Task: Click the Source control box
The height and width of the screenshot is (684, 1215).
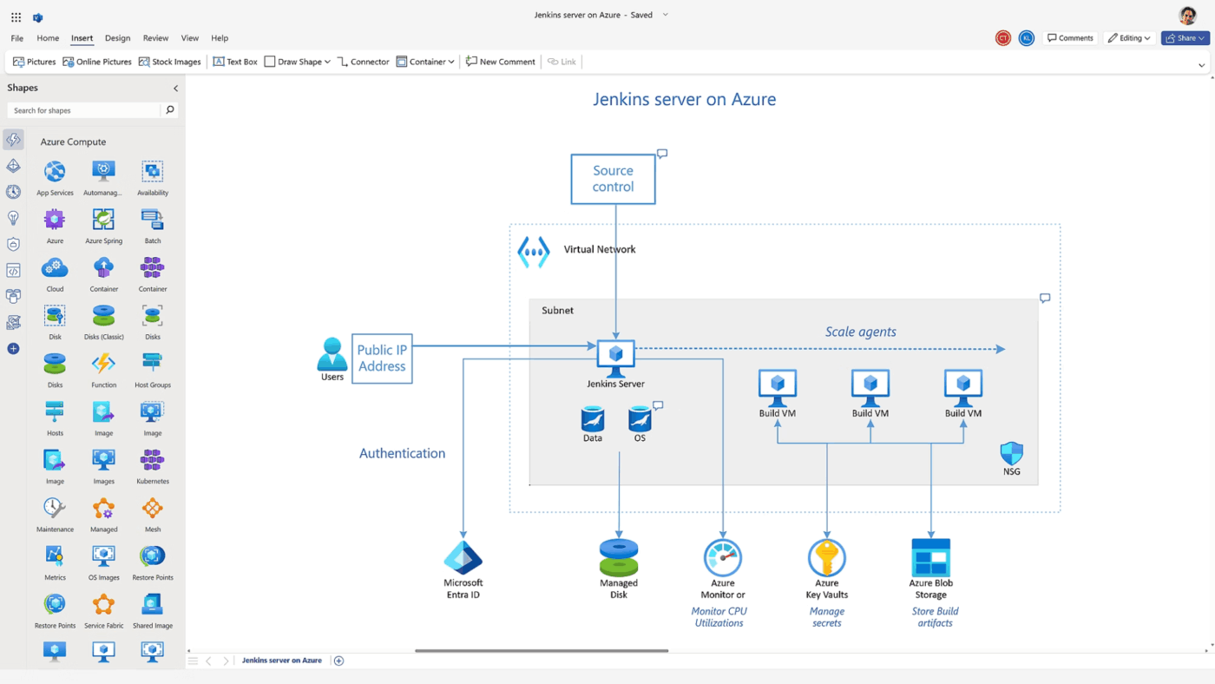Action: point(613,179)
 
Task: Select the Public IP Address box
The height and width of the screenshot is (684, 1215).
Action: point(382,358)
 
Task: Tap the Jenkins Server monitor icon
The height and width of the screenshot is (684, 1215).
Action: point(616,356)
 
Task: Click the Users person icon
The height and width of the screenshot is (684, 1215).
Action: point(332,353)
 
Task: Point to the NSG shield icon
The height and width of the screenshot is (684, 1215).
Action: point(1011,453)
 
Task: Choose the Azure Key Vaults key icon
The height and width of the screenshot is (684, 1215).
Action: point(826,557)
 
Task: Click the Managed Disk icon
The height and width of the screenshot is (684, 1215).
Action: point(619,557)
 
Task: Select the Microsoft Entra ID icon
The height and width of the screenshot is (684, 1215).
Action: point(463,558)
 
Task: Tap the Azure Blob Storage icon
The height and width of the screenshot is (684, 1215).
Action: point(930,557)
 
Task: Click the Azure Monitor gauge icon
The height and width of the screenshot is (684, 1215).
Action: point(722,557)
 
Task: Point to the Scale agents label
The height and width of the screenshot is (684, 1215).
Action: point(860,332)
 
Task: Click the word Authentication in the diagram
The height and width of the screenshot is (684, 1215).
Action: point(402,453)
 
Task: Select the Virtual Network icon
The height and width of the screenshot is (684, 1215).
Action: point(534,252)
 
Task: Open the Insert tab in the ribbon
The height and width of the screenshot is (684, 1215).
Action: point(82,38)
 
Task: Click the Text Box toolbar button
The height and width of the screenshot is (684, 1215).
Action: point(235,62)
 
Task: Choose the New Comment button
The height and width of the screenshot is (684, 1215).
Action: point(501,62)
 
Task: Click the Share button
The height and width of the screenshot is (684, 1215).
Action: point(1185,38)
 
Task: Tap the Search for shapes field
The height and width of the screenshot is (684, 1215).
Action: point(84,110)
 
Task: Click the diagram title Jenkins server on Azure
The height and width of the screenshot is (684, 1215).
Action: point(684,99)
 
